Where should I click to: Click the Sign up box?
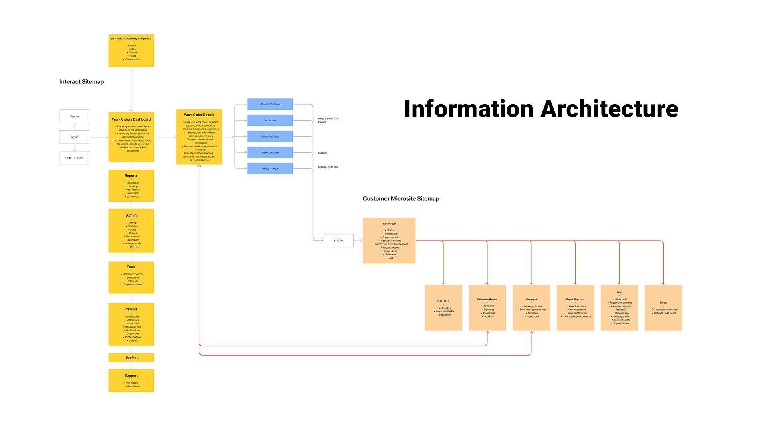click(x=74, y=117)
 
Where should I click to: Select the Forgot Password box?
click(x=74, y=158)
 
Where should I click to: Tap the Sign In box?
click(x=74, y=137)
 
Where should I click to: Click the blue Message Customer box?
click(x=270, y=104)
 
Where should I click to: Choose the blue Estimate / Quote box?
click(x=270, y=136)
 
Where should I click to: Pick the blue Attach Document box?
click(x=270, y=152)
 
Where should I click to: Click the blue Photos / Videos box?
click(x=270, y=168)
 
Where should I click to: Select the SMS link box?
click(x=338, y=241)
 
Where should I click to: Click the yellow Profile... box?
click(x=131, y=358)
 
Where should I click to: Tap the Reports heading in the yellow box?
click(x=131, y=176)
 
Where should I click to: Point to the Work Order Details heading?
click(x=199, y=115)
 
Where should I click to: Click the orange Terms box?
click(x=663, y=308)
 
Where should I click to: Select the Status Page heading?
click(x=389, y=224)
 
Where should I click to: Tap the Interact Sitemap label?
click(x=82, y=82)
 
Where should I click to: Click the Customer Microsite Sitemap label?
click(x=401, y=199)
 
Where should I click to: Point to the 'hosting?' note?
click(x=322, y=153)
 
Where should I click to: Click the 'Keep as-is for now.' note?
click(x=328, y=167)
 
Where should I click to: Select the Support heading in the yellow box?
click(x=131, y=376)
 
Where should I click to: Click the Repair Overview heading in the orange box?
click(x=575, y=299)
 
